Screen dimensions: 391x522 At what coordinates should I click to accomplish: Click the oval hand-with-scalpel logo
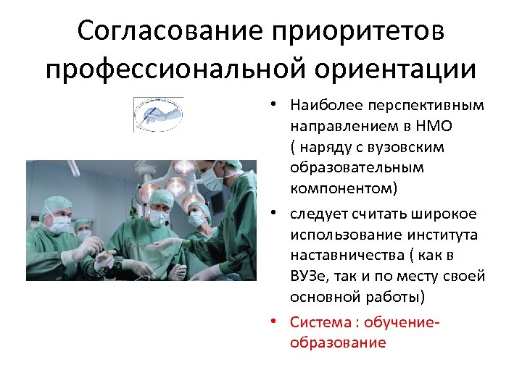coord(158,114)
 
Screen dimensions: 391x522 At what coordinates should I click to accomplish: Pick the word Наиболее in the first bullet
coord(320,105)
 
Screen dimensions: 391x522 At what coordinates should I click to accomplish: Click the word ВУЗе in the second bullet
coord(309,277)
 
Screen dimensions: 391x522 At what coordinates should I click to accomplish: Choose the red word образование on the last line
coord(338,342)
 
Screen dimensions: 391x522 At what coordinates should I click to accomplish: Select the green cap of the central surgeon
coord(159,196)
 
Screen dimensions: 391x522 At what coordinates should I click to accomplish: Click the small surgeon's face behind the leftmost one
coord(84,232)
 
